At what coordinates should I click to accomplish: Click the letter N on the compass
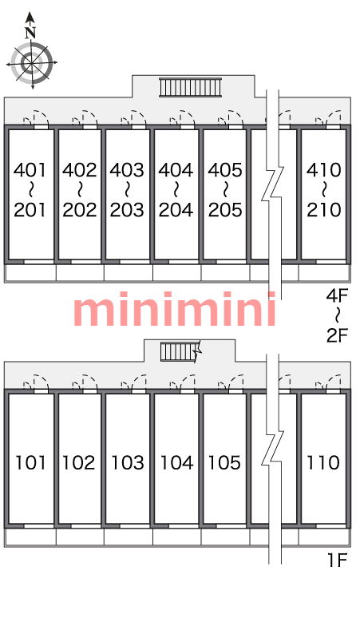(x=30, y=33)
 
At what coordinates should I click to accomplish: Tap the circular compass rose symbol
(x=31, y=62)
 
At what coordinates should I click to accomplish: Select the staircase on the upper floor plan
(x=190, y=87)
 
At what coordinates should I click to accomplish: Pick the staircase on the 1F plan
(x=180, y=351)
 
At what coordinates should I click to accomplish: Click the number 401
(x=30, y=170)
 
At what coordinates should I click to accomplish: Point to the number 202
(x=80, y=210)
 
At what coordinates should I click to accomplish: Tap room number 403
(x=127, y=170)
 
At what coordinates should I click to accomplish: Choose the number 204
(x=176, y=210)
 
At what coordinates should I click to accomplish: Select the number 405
(x=225, y=170)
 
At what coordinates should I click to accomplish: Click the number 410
(x=324, y=170)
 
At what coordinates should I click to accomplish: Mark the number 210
(x=324, y=210)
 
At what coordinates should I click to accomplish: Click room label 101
(x=30, y=463)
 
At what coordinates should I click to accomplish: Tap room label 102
(x=79, y=463)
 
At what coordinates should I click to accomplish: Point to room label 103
(x=128, y=463)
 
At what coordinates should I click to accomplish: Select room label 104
(x=176, y=463)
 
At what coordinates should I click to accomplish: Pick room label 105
(x=224, y=463)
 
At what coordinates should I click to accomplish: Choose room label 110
(x=323, y=463)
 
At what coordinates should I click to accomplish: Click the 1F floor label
(x=338, y=560)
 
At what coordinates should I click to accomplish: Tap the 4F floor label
(x=338, y=295)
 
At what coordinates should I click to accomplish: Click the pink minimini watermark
(x=175, y=309)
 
